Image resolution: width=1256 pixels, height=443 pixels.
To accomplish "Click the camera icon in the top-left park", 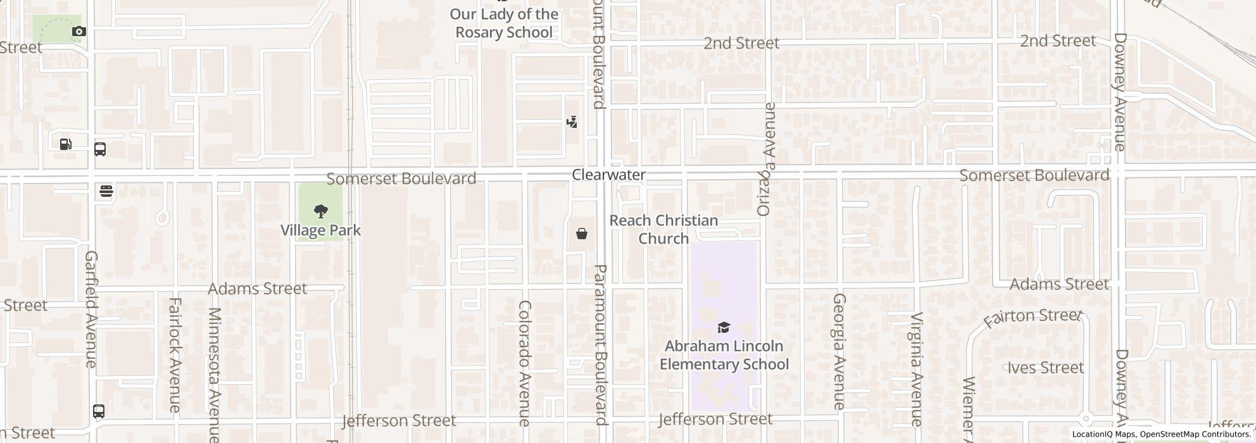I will click(x=79, y=31).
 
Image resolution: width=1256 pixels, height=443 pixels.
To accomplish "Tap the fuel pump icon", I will click(x=66, y=144).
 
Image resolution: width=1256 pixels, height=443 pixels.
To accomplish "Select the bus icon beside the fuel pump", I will click(x=99, y=149).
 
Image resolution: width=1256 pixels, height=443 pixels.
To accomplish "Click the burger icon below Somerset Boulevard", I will click(x=106, y=191).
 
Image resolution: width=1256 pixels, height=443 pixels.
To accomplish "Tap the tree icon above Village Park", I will click(x=321, y=211).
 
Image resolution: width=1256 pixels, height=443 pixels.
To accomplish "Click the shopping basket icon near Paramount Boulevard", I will click(x=582, y=234).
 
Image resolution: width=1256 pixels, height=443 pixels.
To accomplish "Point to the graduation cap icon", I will click(x=724, y=327).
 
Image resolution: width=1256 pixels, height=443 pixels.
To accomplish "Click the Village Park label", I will click(x=321, y=230).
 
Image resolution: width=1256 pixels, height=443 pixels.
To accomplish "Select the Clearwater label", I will click(x=608, y=175).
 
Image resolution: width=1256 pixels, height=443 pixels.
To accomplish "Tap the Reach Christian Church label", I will click(x=663, y=229).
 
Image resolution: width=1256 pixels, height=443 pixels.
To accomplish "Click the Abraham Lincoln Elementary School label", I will click(x=724, y=355).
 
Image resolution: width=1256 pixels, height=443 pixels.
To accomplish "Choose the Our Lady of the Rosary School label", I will click(x=504, y=23).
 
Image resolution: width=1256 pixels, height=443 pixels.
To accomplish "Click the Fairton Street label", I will click(x=1032, y=317).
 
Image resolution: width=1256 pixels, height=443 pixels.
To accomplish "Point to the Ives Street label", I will click(x=1045, y=368).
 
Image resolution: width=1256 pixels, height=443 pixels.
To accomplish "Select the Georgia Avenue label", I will click(x=839, y=351).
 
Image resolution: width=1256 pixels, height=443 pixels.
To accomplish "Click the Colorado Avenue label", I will click(x=525, y=363).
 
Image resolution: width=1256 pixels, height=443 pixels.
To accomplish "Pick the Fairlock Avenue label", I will click(x=175, y=354).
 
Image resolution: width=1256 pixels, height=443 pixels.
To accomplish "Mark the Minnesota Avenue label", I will click(x=215, y=373).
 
